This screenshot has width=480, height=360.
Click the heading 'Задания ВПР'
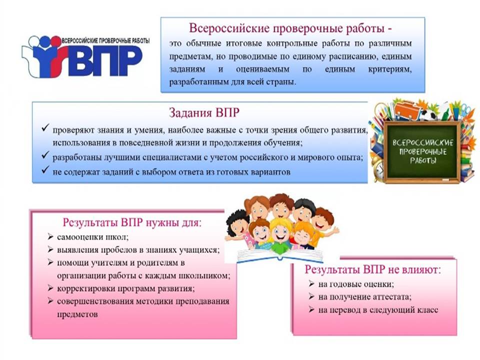coord(204,112)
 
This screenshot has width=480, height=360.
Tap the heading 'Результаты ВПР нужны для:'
coord(132,222)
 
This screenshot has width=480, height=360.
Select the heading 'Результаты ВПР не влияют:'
coord(373,269)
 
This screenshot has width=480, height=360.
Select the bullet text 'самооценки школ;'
coord(93,237)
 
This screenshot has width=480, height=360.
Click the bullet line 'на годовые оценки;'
coord(356,284)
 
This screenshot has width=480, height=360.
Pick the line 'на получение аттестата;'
coord(365,297)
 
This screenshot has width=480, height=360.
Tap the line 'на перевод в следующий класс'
coord(378,310)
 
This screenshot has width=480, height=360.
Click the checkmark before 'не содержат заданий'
coord(45,169)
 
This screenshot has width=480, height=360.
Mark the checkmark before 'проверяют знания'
coord(45,127)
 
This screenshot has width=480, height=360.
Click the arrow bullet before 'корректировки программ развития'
coord(50,288)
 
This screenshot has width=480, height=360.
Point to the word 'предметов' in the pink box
coord(77,314)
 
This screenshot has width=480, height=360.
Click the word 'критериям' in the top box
coord(390,69)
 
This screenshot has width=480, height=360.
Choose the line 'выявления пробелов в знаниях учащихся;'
coord(138,250)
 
